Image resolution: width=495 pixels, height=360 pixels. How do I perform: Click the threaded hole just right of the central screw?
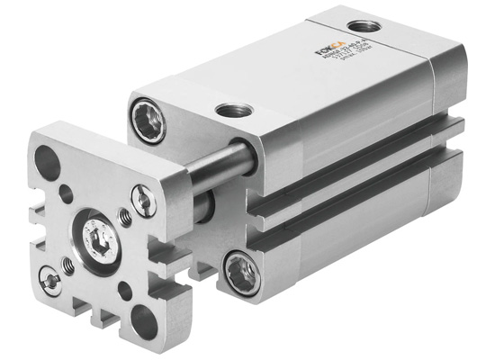(125, 216)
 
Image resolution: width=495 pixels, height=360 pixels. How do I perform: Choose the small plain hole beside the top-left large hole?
(66, 191)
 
